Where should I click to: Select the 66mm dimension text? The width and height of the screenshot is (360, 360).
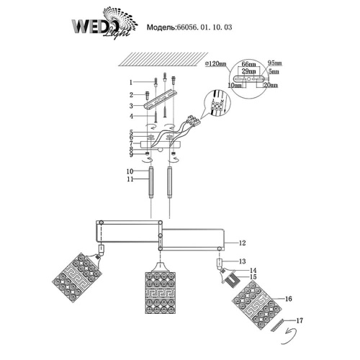coord(248,65)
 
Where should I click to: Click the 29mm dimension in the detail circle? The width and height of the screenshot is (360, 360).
coord(248,73)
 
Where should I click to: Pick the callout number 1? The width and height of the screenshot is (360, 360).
coord(132,82)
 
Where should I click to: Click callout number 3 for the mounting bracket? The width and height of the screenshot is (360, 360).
coord(132,105)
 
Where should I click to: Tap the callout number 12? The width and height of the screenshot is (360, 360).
coord(243,244)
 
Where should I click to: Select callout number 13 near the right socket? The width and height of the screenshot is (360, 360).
coord(243,261)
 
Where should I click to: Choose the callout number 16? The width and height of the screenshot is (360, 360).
coord(268,297)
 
